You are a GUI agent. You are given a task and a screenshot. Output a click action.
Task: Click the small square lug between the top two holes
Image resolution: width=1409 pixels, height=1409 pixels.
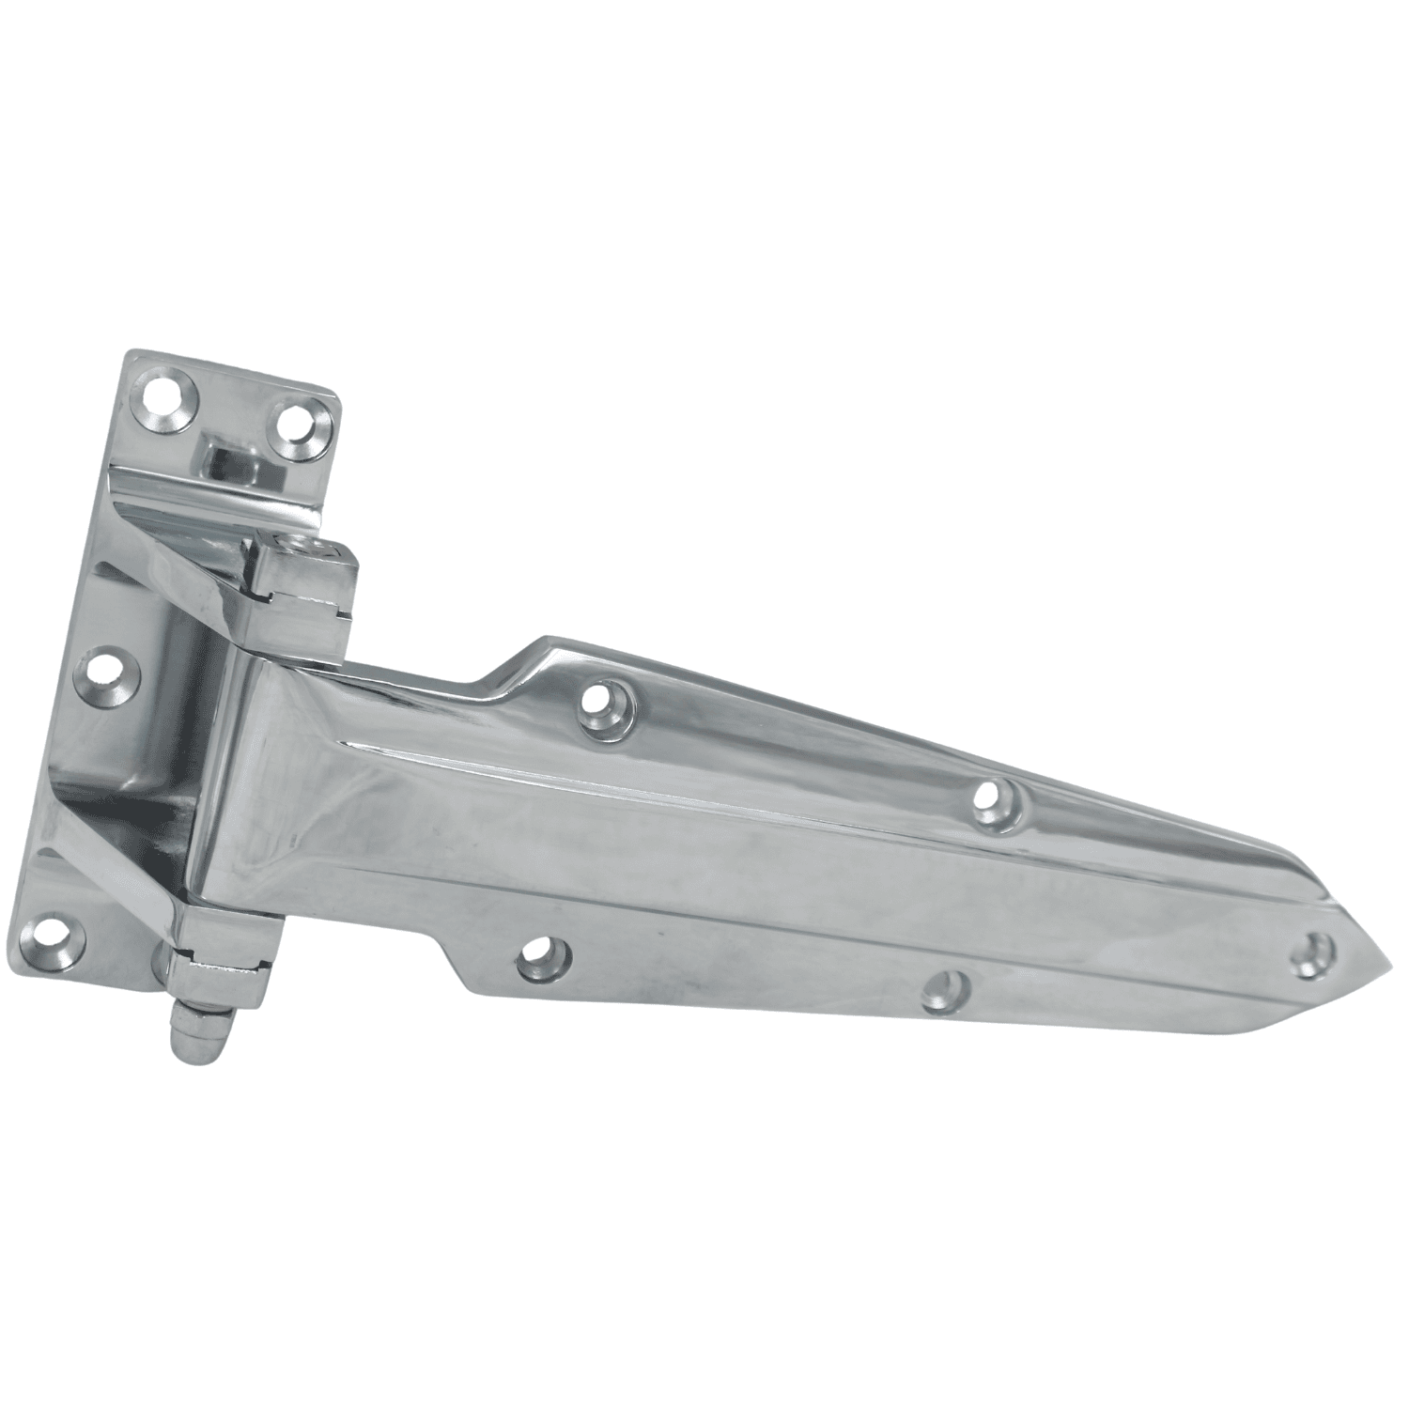[232, 459]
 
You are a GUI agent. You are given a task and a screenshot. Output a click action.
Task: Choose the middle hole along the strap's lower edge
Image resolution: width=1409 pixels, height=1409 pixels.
[944, 991]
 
